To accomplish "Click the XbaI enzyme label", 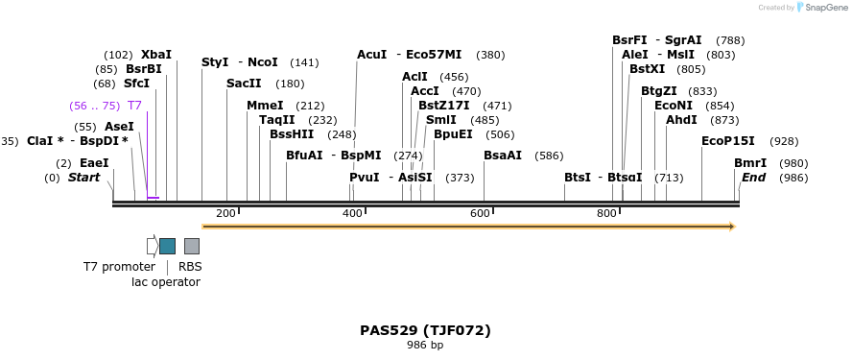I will [156, 55].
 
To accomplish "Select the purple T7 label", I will [134, 106].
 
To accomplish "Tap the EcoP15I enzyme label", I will [728, 141].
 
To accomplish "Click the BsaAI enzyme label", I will [503, 156].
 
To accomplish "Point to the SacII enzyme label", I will [244, 84].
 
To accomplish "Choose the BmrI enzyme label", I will [750, 163].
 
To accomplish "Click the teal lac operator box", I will [167, 246].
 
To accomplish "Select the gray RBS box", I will [192, 246].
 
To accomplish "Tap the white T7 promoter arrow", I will [152, 246].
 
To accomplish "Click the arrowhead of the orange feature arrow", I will [731, 227].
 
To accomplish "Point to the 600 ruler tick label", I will [480, 213].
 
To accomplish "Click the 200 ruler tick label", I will [226, 213].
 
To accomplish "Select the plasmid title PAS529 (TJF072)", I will [425, 330].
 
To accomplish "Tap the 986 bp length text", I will [425, 346].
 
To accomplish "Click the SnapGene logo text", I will [823, 8].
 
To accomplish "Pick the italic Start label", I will [83, 178].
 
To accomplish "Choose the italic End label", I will [753, 178].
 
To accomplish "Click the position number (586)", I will [549, 156].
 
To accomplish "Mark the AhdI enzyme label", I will [681, 120].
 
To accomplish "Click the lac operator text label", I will [166, 282].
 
